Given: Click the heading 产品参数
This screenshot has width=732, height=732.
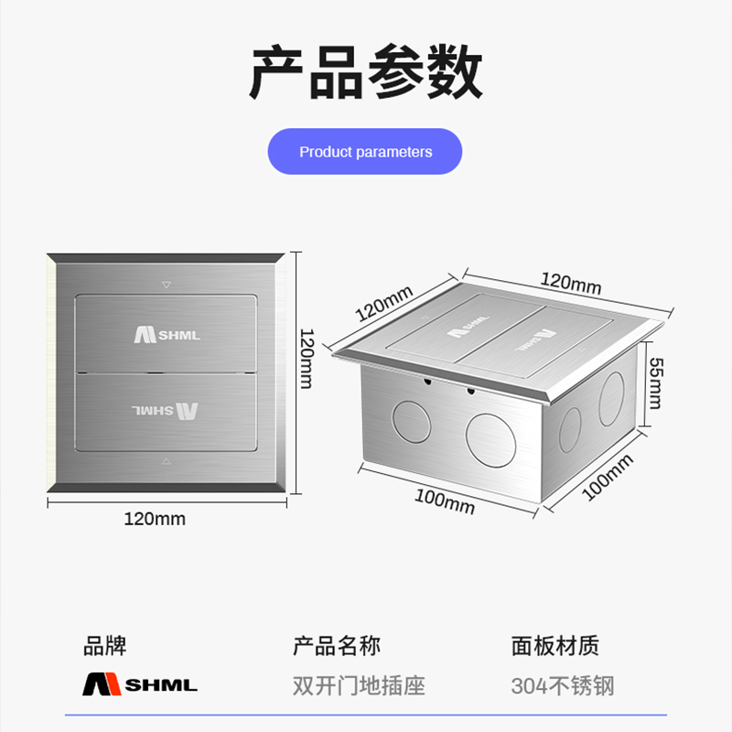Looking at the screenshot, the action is pos(366,75).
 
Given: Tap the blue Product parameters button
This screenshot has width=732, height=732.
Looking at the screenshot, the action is pos(365,152).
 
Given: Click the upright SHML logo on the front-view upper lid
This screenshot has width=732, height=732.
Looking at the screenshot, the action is pos(167,334).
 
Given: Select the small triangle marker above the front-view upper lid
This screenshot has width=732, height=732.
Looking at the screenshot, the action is pos(166,285).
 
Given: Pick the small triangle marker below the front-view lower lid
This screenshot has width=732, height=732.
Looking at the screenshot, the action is pos(166,461).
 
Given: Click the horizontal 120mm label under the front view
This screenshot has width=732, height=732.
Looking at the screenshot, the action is pos(155,520).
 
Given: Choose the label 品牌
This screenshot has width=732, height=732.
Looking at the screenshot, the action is pos(104,646).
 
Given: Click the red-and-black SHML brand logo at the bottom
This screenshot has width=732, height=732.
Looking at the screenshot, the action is pos(140,684).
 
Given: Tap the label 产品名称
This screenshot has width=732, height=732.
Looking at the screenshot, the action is pos(336,646).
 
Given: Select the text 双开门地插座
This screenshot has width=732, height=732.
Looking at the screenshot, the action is pos(358,685).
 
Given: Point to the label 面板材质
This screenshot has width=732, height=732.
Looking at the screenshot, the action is pos(554,646).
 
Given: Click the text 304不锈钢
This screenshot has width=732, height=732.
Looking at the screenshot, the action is pos(562,685).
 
